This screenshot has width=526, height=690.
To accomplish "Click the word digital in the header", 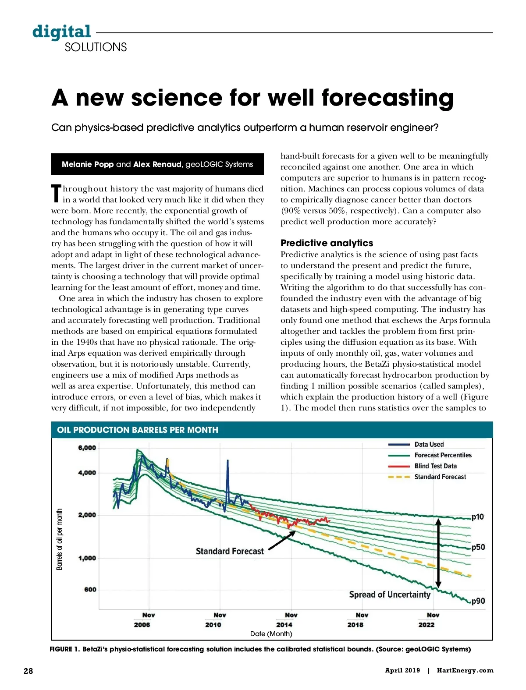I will point(61,32).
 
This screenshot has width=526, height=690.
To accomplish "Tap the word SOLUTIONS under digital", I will point(96,47).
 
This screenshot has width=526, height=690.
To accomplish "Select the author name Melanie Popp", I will point(88,164).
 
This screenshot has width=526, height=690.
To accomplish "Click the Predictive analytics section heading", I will point(327,243).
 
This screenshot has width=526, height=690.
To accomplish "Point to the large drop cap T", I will point(56,194).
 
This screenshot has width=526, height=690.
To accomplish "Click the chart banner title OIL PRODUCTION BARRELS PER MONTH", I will point(138,430).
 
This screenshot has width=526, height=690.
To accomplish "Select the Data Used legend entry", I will point(429,444).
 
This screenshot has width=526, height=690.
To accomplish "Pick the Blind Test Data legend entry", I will point(435,466).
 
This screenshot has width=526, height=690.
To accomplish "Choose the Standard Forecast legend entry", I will point(440,477).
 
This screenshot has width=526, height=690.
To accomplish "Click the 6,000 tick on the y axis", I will point(87,448).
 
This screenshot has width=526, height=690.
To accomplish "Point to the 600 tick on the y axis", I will point(90,590).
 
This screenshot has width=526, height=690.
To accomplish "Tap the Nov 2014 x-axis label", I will point(284,620).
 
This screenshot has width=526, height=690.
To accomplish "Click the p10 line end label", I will point(478,517).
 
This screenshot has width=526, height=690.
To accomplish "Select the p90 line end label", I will point(478,601).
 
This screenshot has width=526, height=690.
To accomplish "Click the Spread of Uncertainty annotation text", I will point(390,594).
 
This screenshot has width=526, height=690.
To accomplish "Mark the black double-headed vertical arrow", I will point(438,553).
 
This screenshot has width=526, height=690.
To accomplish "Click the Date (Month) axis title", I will point(271,634).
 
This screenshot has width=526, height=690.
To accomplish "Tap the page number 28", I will point(28,671).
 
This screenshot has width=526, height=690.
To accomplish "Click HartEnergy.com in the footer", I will point(465,670).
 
